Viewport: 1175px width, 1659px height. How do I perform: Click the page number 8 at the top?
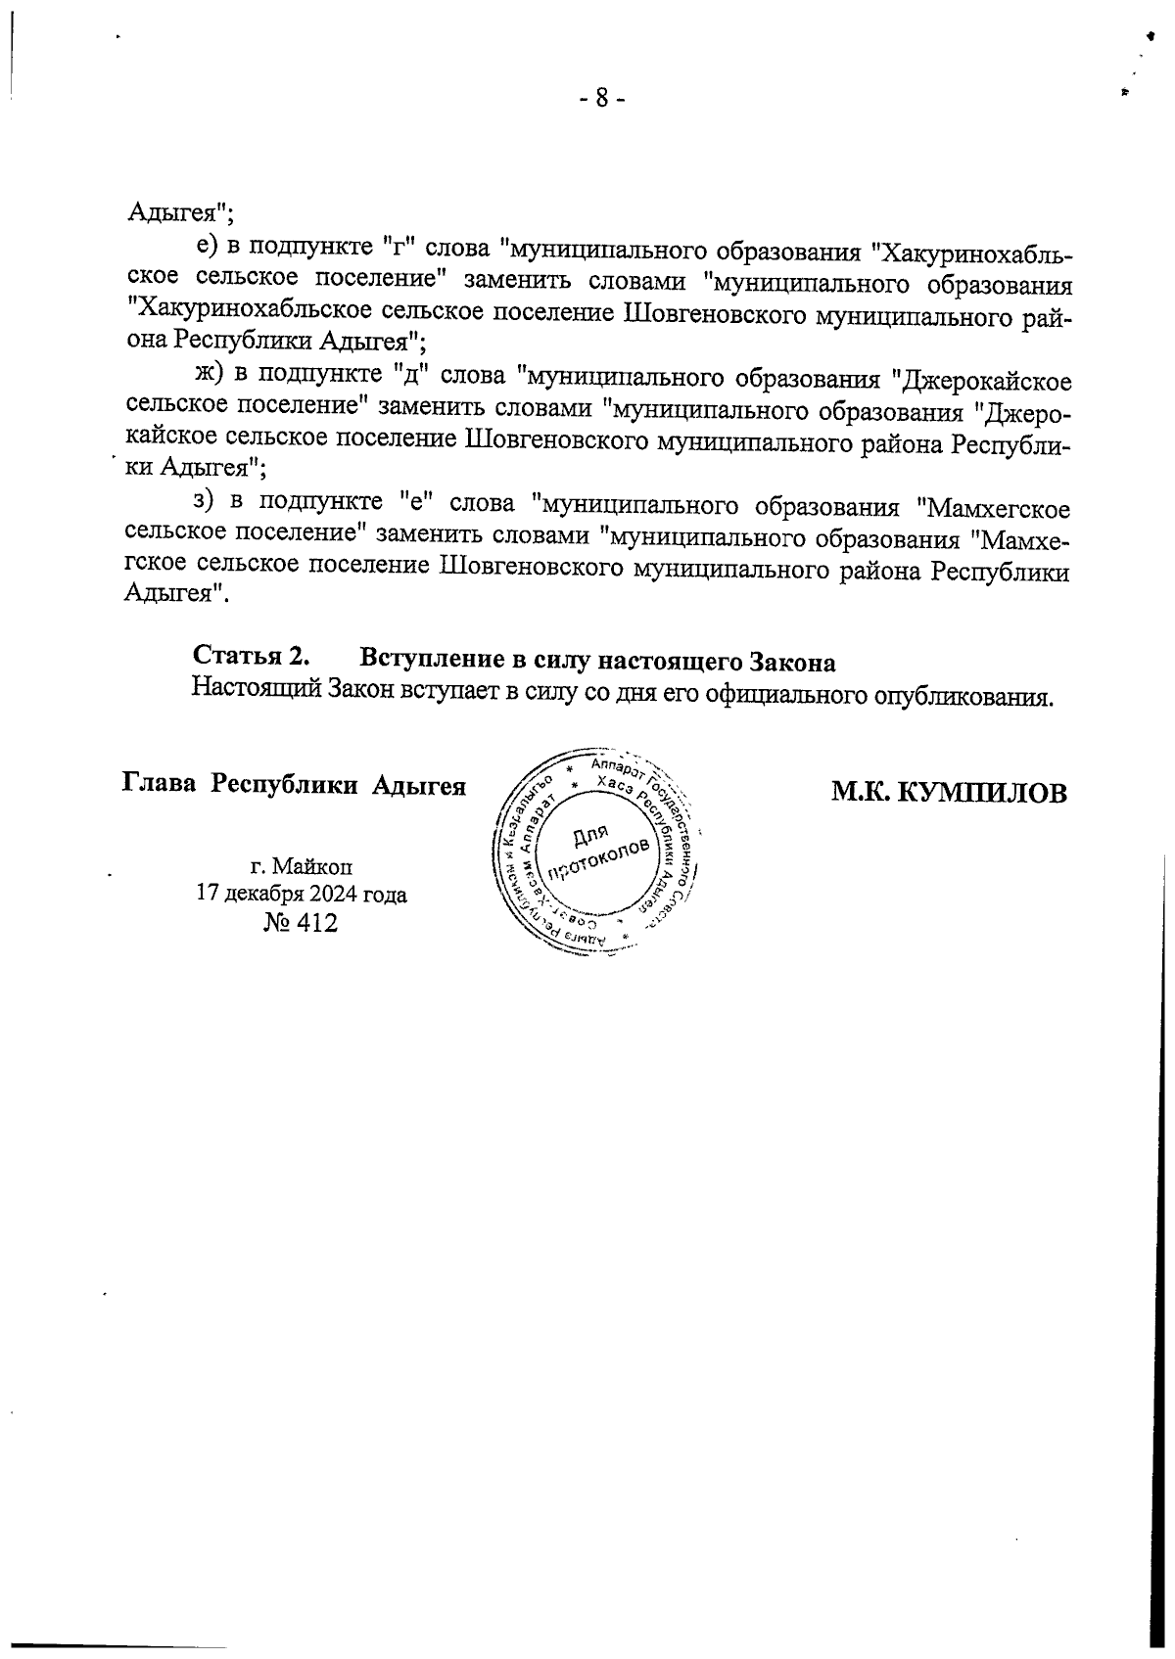(601, 98)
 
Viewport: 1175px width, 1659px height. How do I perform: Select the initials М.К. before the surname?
(863, 793)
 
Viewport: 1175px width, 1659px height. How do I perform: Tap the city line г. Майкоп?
(302, 866)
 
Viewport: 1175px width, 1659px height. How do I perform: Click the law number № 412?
(301, 922)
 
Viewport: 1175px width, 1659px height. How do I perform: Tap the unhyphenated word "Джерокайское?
(982, 379)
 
